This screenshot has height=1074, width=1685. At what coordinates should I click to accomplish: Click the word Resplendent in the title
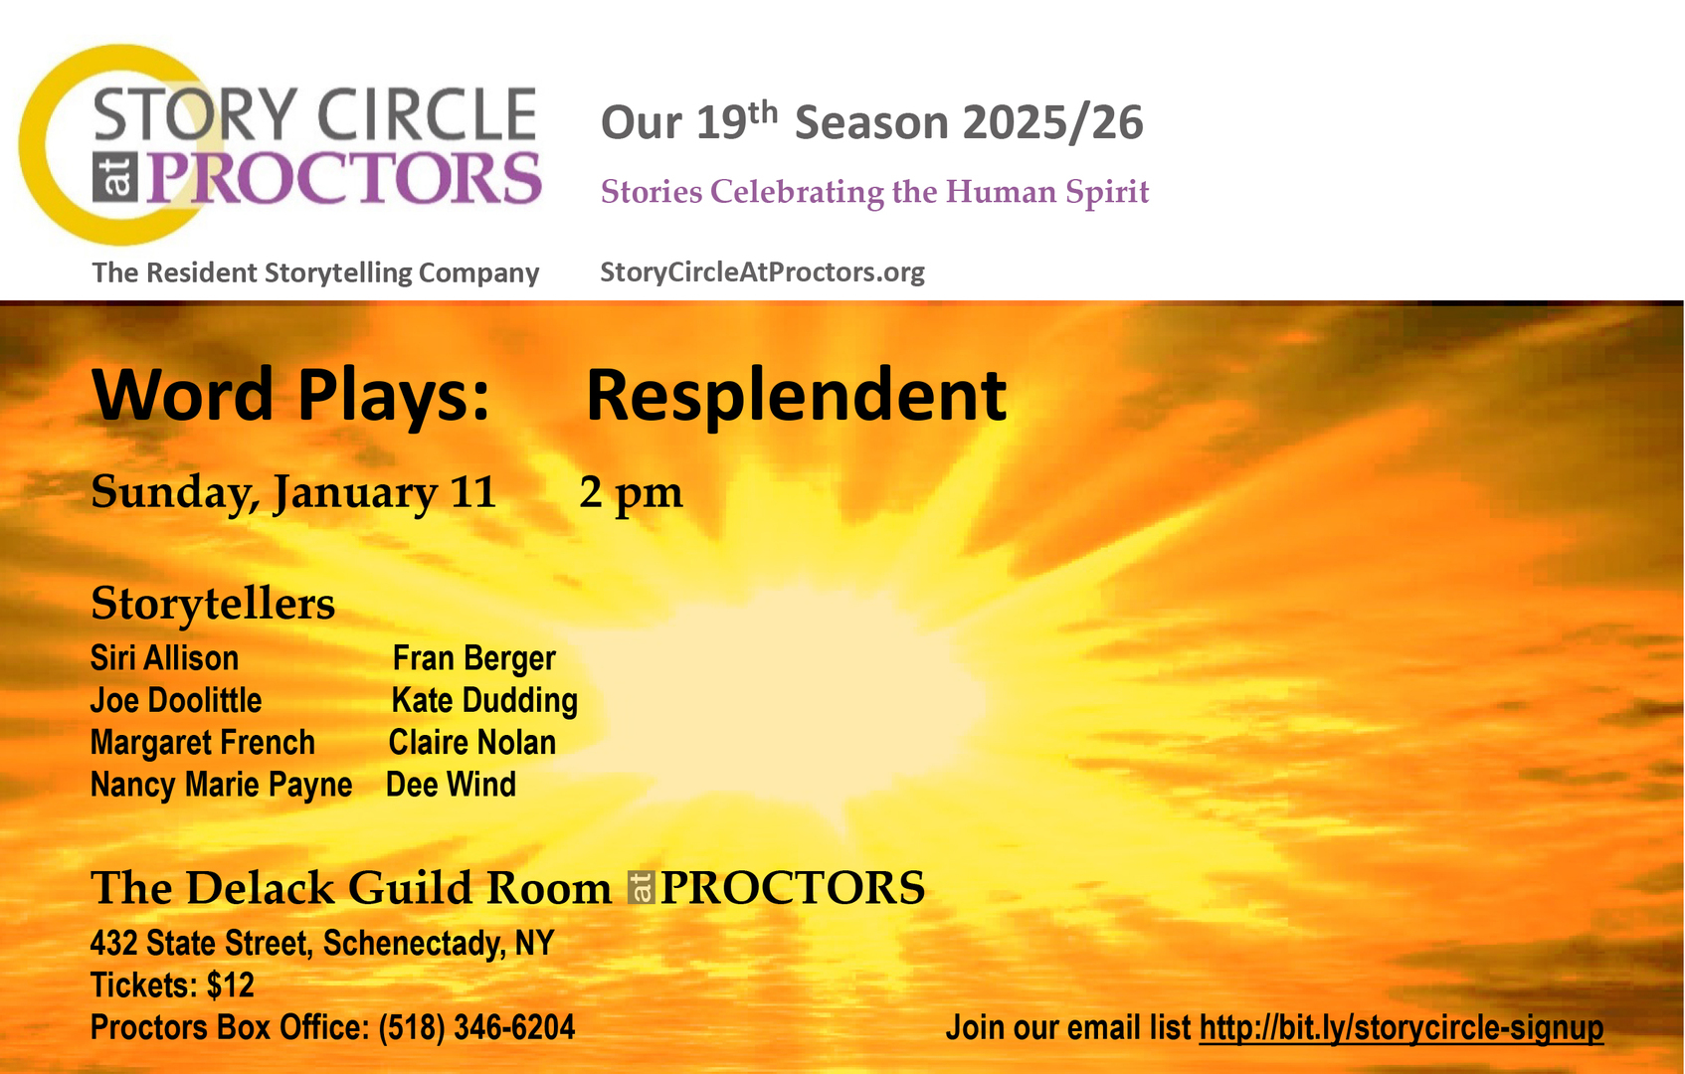[x=796, y=396]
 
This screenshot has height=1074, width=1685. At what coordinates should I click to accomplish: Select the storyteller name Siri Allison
[x=164, y=658]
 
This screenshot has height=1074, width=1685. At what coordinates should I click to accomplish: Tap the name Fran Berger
[x=473, y=658]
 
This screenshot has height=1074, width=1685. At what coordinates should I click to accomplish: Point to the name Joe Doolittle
[x=176, y=701]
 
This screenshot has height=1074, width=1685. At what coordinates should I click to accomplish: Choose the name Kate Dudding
[x=484, y=701]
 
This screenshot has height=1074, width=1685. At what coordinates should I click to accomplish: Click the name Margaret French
[x=202, y=743]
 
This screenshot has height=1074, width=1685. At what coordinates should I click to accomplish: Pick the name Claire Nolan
[x=471, y=743]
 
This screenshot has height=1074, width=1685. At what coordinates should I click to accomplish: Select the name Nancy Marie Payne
[x=221, y=786]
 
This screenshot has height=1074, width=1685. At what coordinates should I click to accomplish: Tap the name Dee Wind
[x=451, y=786]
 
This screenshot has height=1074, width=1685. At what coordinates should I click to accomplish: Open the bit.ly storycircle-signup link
[x=1401, y=1028]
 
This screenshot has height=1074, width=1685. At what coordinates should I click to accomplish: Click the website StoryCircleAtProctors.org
[x=762, y=272]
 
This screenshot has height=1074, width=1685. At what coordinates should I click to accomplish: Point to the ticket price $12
[x=231, y=985]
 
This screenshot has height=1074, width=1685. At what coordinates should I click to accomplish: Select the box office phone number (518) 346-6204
[x=476, y=1028]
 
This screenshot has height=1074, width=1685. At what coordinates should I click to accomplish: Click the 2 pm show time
[x=631, y=492]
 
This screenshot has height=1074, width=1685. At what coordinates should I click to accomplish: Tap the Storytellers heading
[x=213, y=604]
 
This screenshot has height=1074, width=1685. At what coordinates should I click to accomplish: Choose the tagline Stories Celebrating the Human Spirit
[x=874, y=192]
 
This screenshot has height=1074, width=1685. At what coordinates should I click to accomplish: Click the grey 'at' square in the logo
[x=115, y=178]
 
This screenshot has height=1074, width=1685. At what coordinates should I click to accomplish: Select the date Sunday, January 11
[x=293, y=492]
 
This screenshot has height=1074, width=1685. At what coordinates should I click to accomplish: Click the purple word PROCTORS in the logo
[x=344, y=179]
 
